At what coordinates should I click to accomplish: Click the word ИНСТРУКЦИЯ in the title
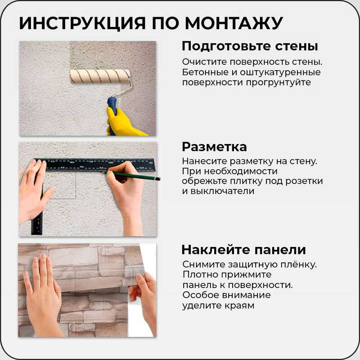click(x=82, y=23)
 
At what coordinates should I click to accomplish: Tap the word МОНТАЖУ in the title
click(x=234, y=23)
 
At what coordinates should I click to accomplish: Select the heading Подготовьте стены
click(x=250, y=46)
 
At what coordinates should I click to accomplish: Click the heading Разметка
click(x=214, y=147)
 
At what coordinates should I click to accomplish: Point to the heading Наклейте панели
click(x=243, y=250)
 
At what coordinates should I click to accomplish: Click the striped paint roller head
click(x=99, y=76)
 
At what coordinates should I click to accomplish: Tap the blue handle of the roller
click(x=112, y=112)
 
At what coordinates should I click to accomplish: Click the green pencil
click(x=131, y=175)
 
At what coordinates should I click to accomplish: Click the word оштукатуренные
click(x=280, y=72)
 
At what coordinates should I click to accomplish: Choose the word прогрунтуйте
click(x=279, y=83)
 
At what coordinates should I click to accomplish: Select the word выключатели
click(x=222, y=191)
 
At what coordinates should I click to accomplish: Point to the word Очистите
click(x=205, y=62)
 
